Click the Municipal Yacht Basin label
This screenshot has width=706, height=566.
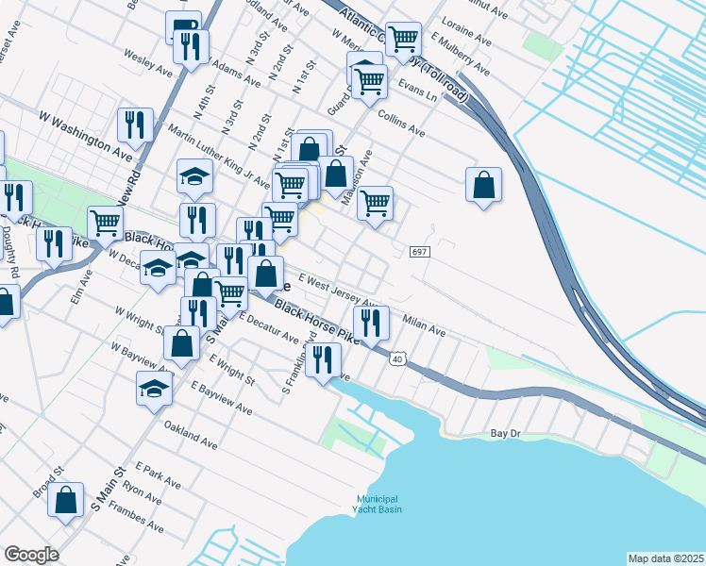pyautogui.click(x=378, y=504)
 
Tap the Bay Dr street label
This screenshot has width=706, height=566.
pyautogui.click(x=506, y=434)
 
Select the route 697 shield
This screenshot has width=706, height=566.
pyautogui.click(x=421, y=252)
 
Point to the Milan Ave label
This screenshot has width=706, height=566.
pyautogui.click(x=424, y=326)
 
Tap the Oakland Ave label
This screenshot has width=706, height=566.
pyautogui.click(x=191, y=435)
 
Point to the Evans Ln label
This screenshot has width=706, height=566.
pyautogui.click(x=418, y=92)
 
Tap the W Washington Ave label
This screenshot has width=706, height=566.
pyautogui.click(x=85, y=133)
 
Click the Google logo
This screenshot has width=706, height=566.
pyautogui.click(x=30, y=555)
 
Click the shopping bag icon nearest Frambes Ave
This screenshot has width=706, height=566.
pyautogui.click(x=66, y=500)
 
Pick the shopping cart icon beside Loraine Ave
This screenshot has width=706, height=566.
pyautogui.click(x=403, y=39)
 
